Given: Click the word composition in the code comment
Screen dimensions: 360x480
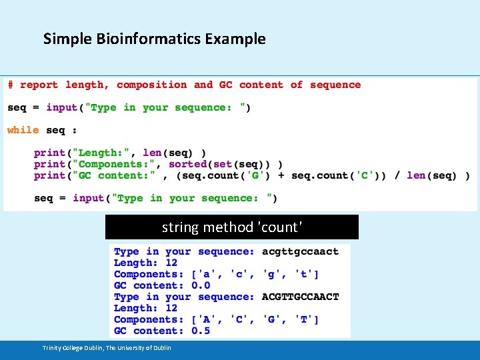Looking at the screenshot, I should [x=151, y=85].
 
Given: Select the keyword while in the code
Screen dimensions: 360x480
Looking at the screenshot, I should [x=23, y=130].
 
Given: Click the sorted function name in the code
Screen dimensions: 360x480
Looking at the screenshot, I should [x=188, y=164].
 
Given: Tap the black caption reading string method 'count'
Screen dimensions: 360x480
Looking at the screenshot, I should [x=231, y=227].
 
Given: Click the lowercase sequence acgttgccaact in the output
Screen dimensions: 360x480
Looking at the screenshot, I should [x=300, y=251].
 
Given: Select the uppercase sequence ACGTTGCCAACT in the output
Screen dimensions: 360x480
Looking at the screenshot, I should [x=300, y=297].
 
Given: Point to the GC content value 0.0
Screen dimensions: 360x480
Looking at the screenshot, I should [x=201, y=285].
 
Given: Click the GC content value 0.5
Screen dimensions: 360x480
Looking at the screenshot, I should [x=201, y=331].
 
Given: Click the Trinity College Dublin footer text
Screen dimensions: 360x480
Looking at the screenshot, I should [x=107, y=348].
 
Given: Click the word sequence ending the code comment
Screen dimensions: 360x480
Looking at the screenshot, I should [x=335, y=85].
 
